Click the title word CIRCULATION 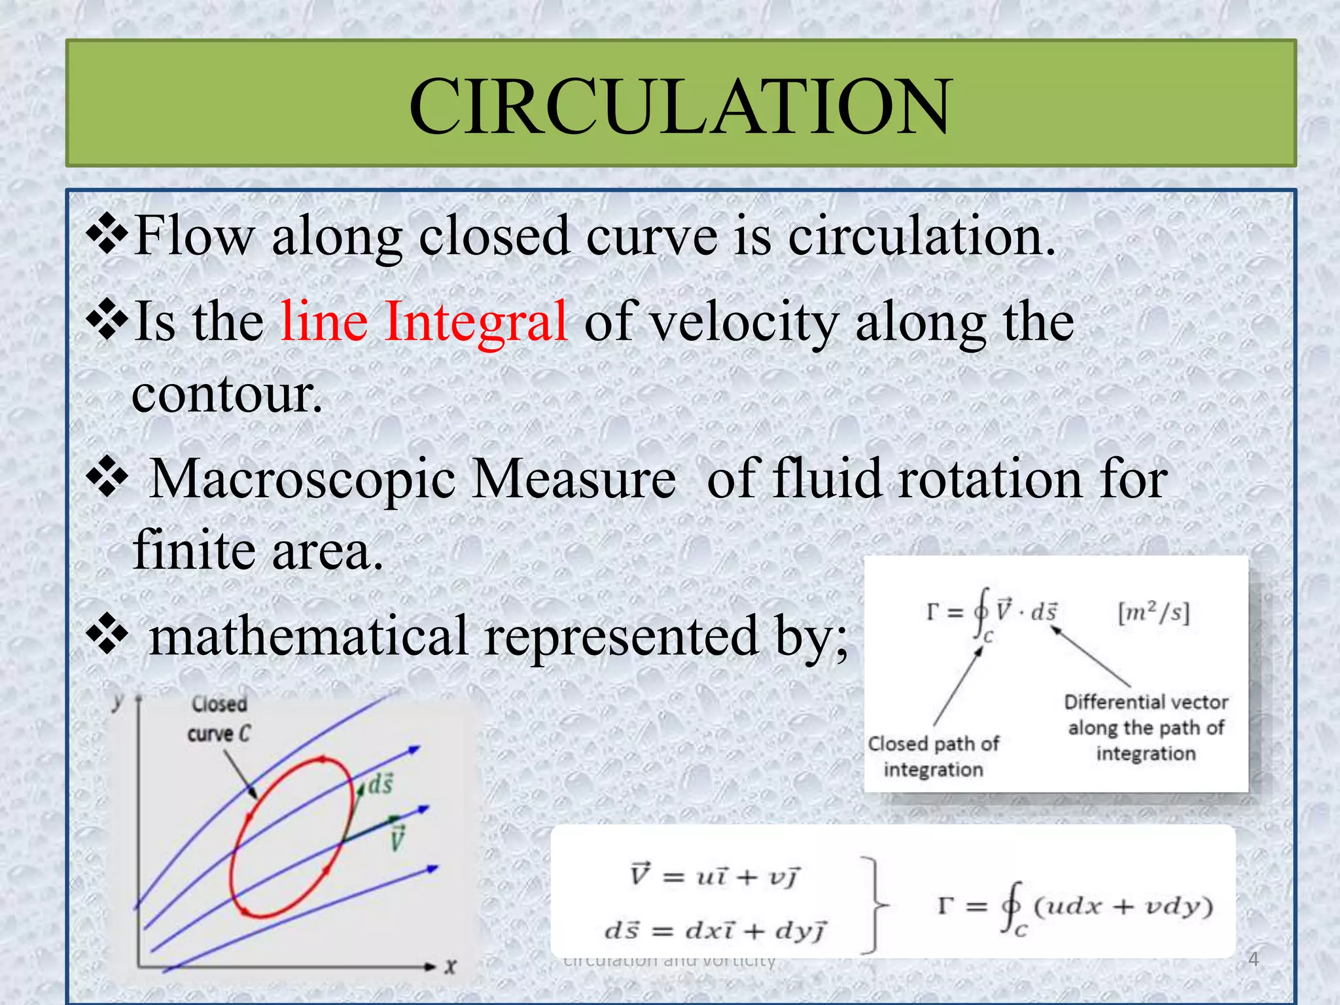[x=680, y=106]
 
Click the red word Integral [x=476, y=321]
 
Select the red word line [x=324, y=321]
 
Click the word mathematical [x=308, y=637]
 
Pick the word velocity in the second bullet [x=745, y=323]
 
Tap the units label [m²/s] [x=1154, y=613]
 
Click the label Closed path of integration [x=933, y=756]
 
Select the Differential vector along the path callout [x=1146, y=728]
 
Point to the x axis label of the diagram [x=450, y=966]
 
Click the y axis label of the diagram [x=118, y=701]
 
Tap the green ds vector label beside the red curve [x=379, y=783]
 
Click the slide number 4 [x=1253, y=959]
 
